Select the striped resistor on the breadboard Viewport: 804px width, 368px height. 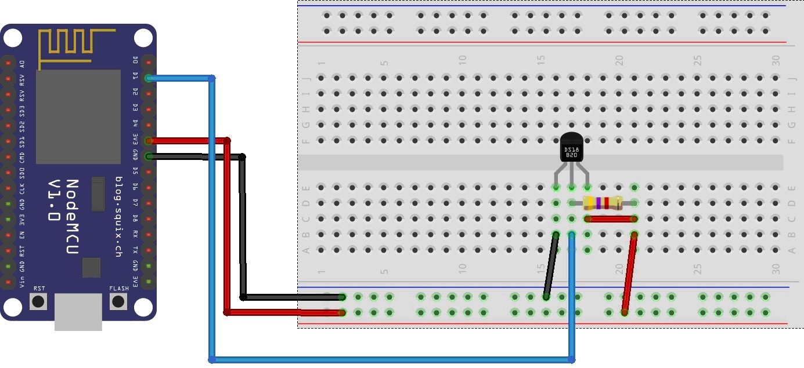[x=603, y=203]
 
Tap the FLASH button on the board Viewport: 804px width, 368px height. [x=119, y=301]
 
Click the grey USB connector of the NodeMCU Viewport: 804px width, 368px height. [x=78, y=312]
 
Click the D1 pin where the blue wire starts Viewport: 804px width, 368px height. [x=149, y=78]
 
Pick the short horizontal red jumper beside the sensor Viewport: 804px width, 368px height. [x=611, y=219]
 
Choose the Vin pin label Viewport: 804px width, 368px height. [x=22, y=283]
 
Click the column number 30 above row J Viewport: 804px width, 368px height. [x=776, y=60]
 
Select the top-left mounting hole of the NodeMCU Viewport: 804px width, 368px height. [x=12, y=38]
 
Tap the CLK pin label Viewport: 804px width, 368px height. [x=22, y=188]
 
